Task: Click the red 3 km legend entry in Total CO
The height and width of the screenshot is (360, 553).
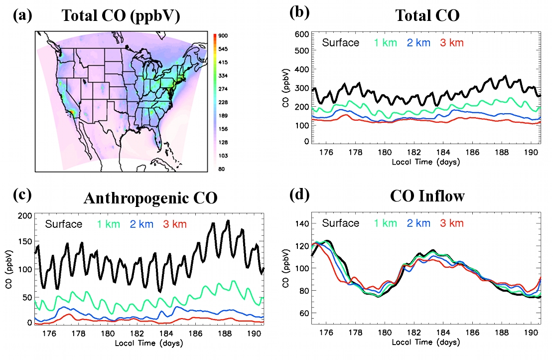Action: pos(451,43)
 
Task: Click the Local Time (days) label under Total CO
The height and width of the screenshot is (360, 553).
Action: pos(425,162)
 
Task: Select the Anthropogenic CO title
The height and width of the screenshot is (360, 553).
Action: pos(150,198)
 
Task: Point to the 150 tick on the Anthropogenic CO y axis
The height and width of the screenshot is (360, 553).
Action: pos(24,242)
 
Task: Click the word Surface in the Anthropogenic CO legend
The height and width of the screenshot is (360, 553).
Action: pos(64,224)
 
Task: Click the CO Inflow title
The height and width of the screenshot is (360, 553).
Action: pos(427,195)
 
